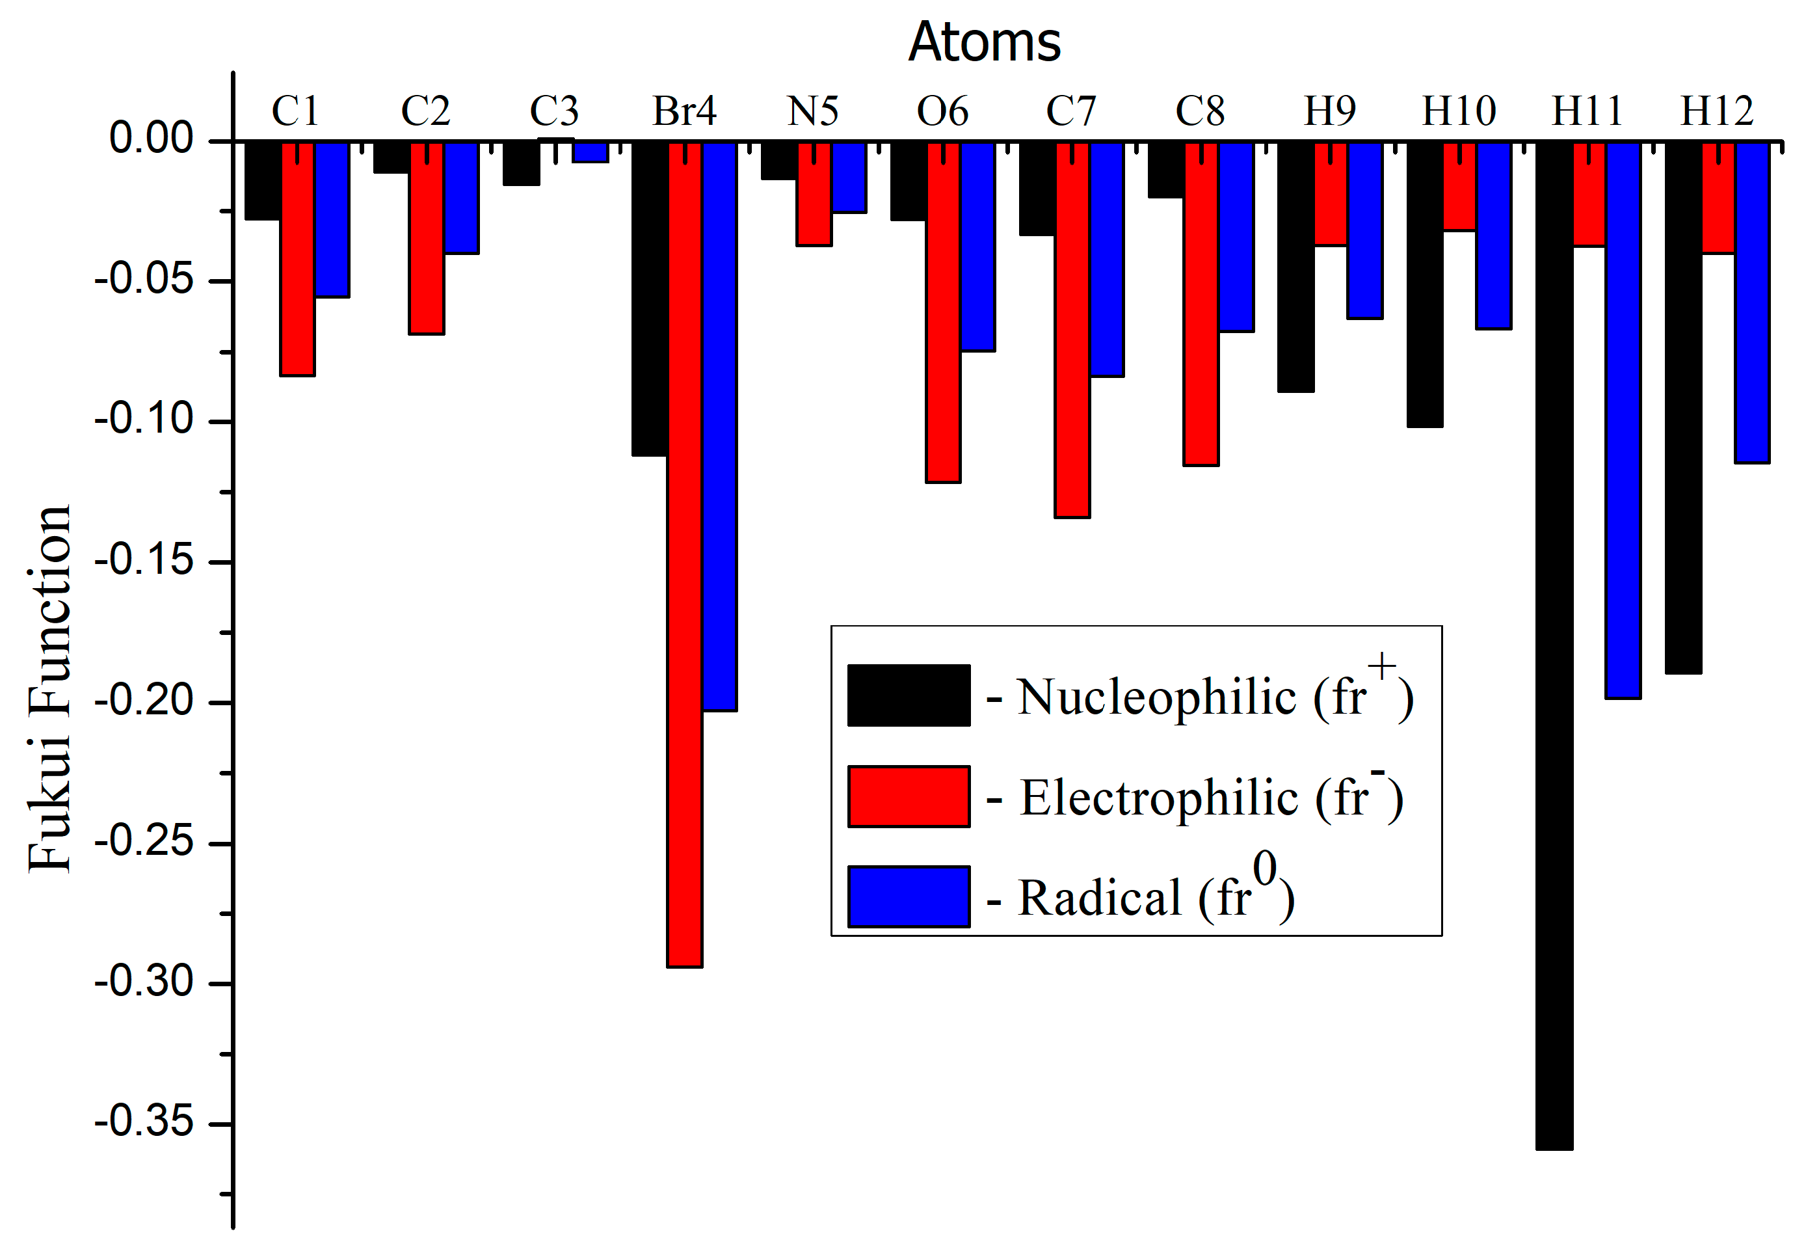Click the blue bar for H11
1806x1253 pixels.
tap(1623, 420)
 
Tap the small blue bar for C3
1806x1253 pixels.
tap(589, 152)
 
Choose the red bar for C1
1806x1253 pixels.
tap(297, 259)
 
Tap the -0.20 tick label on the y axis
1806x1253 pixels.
tap(144, 700)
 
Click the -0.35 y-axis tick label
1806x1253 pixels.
tap(144, 1121)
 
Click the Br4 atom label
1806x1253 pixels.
tap(684, 111)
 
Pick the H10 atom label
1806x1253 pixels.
tap(1458, 111)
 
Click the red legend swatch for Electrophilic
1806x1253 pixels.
tap(908, 796)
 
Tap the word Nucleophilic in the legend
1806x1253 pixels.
tap(1156, 696)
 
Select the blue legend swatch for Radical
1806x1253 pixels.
tap(908, 896)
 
